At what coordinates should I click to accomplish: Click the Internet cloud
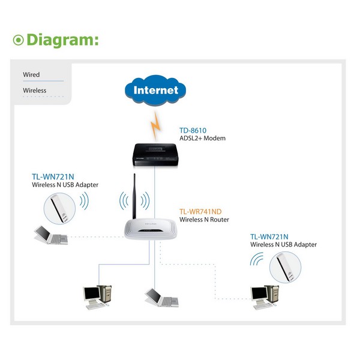155,91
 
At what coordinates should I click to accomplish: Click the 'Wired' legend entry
31,75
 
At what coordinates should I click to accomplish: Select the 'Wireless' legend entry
35,91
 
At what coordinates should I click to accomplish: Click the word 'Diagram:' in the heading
62,40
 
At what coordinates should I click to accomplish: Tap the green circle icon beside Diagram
19,40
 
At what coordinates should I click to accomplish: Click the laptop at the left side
50,234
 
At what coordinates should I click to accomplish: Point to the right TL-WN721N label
269,236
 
